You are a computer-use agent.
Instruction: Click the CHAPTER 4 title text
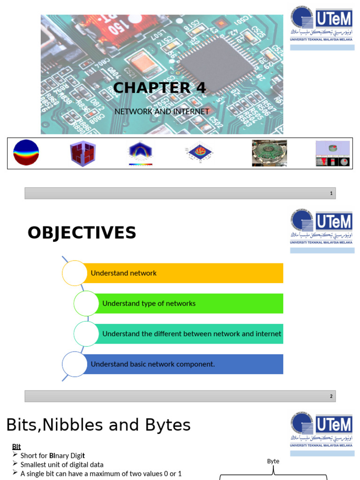pos(159,88)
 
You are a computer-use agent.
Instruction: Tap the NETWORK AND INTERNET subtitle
pos(162,112)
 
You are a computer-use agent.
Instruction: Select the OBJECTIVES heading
pos(82,233)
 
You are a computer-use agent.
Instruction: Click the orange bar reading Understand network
pos(185,273)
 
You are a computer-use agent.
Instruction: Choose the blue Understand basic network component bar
pos(185,364)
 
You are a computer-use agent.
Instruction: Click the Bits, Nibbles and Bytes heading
pos(98,425)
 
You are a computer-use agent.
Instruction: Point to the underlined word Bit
pos(16,447)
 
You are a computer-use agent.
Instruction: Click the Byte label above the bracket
pos(273,461)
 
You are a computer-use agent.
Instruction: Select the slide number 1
pos(331,194)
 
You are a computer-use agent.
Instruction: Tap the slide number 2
pos(331,397)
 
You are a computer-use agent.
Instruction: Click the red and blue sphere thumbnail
pos(26,153)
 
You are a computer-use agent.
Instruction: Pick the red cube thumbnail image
pos(83,153)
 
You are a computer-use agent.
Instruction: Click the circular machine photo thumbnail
pos(269,153)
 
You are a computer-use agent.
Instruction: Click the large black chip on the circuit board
pos(216,65)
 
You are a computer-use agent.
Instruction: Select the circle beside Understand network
pos(75,273)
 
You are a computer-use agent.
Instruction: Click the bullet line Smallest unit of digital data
pos(62,465)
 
